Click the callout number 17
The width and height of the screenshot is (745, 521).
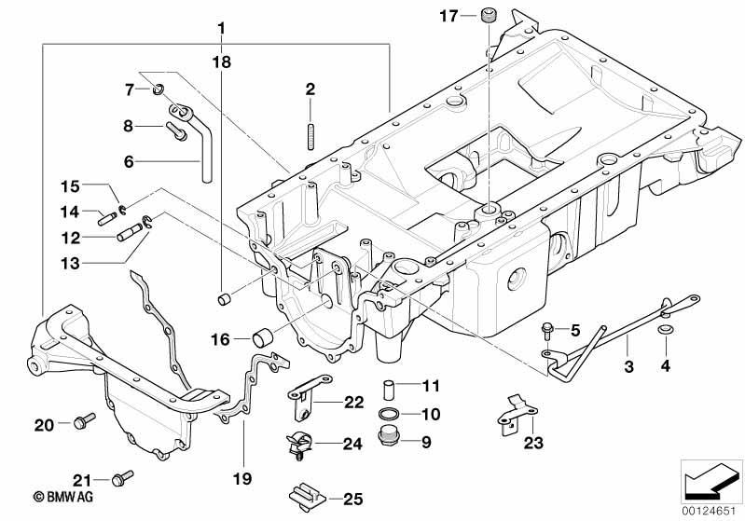point(448,17)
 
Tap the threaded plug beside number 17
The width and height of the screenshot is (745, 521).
point(488,14)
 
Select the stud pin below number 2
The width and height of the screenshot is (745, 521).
point(310,137)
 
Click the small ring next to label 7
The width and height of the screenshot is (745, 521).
point(159,88)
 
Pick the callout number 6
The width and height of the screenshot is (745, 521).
point(129,161)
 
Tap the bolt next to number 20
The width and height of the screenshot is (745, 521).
point(85,420)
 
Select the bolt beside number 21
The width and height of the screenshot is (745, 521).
point(122,478)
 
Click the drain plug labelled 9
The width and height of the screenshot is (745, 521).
point(389,437)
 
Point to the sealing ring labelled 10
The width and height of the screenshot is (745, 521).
point(389,414)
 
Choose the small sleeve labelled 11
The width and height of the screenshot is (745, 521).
point(389,390)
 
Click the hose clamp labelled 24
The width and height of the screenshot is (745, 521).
point(298,447)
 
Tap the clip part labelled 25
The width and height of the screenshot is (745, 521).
point(307,497)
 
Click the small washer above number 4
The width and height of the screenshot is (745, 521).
point(664,329)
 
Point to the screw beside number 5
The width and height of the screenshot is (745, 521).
point(547,331)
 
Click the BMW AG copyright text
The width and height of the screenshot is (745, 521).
point(63,497)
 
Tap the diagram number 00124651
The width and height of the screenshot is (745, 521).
point(709,512)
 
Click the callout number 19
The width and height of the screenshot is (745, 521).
point(242,478)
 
